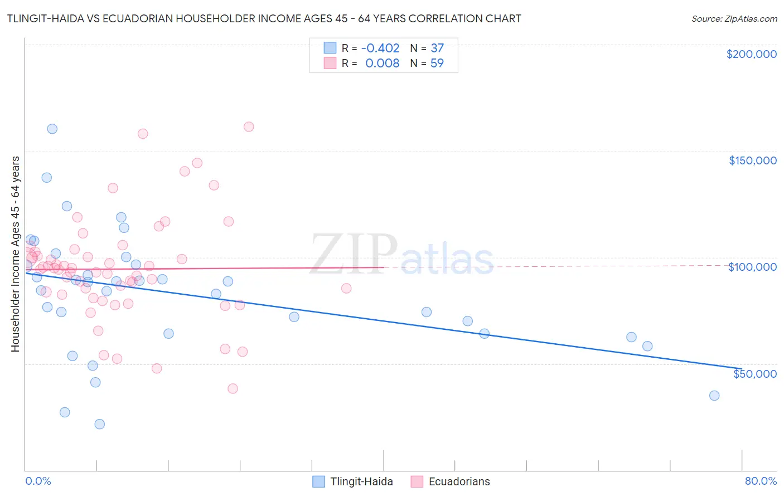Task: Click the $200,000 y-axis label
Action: coord(751,54)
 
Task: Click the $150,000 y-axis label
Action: coord(752,160)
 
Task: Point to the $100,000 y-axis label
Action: coord(752,267)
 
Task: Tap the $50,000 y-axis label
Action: coord(754,373)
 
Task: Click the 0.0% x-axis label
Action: coord(38,481)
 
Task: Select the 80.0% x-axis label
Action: coord(761,481)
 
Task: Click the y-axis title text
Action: coord(15,254)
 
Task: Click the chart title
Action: coord(264,18)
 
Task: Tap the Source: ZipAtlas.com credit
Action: coord(734,19)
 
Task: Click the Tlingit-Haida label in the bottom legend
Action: coord(361,481)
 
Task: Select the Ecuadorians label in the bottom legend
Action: coord(459,481)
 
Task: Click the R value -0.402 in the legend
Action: coord(380,48)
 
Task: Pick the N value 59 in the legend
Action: coord(437,64)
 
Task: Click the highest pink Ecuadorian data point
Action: coord(249,127)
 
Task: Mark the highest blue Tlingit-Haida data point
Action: coord(52,129)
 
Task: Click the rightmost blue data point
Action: coord(714,396)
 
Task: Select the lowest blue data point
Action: coord(100,424)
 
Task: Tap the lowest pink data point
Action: coord(233,388)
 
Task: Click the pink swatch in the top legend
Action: coord(330,64)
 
